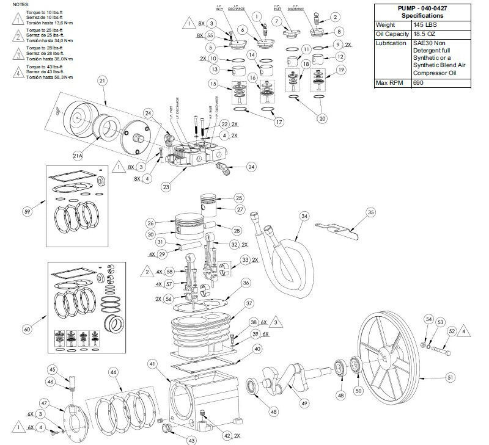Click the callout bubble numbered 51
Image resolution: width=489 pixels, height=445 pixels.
click(x=450, y=378)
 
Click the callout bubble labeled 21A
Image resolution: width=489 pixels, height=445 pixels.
click(x=77, y=156)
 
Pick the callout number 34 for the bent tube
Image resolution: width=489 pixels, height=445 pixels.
click(x=304, y=215)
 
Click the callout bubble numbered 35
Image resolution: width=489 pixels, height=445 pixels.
click(x=370, y=212)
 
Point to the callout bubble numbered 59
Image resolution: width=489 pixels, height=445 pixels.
click(x=27, y=211)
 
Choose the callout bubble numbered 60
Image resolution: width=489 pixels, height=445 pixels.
click(x=27, y=330)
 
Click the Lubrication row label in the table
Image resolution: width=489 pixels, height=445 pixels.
click(x=391, y=43)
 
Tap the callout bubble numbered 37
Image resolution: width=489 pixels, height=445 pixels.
click(x=249, y=303)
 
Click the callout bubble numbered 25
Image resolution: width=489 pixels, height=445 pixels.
click(x=239, y=198)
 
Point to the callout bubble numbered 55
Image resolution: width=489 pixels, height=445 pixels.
click(x=210, y=35)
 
